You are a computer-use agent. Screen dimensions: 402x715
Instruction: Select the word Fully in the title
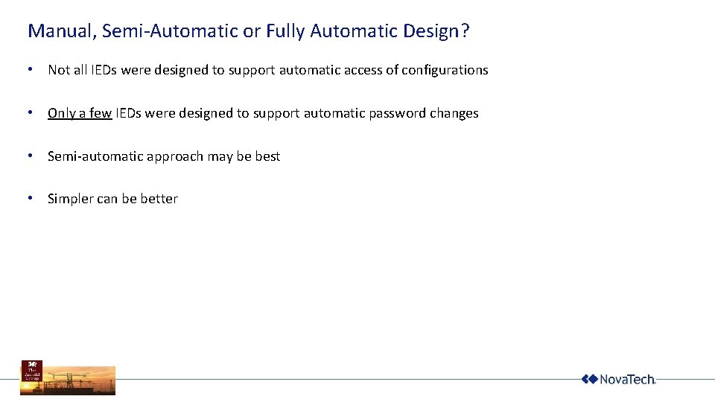(285, 31)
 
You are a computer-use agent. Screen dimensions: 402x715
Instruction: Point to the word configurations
(445, 70)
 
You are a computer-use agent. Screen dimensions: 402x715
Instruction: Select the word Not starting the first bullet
(58, 70)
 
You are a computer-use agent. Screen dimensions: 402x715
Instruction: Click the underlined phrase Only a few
(80, 113)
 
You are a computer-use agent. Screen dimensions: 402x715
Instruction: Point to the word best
(267, 156)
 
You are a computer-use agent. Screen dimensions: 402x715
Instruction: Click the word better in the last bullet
(159, 199)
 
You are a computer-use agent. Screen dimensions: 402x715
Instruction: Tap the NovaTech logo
(618, 379)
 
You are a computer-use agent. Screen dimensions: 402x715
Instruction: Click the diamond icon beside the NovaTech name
(589, 379)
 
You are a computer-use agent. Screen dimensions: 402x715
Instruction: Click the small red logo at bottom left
(32, 370)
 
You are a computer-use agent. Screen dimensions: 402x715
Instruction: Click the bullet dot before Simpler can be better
(29, 199)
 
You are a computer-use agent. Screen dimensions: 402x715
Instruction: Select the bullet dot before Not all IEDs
(29, 70)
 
